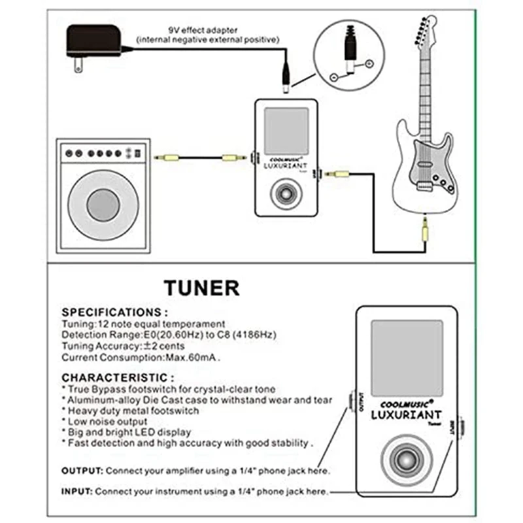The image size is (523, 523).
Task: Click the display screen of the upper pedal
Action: (286, 130)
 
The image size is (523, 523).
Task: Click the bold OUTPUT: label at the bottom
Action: (82, 471)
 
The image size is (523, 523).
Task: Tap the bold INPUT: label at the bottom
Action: (77, 490)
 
